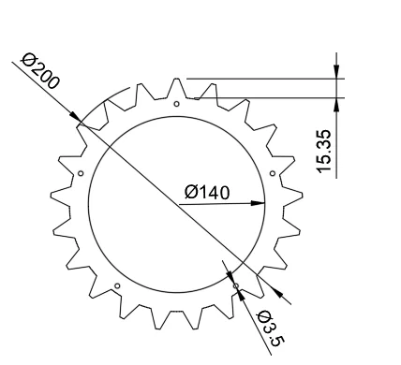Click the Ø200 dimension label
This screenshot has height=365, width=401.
(x=40, y=72)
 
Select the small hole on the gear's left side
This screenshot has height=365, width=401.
(x=81, y=173)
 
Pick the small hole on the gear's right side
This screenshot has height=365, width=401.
(x=272, y=173)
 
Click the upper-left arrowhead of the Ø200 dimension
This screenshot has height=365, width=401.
(x=78, y=119)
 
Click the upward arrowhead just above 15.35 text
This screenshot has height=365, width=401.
(x=336, y=104)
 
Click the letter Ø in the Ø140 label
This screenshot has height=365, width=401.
(x=191, y=192)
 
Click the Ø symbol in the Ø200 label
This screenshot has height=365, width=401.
(x=29, y=62)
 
